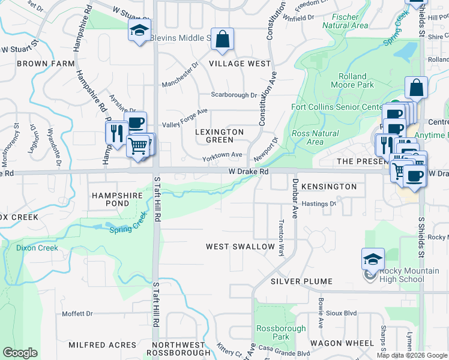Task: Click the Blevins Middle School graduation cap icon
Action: tap(139, 31)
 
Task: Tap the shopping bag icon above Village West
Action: tap(222, 40)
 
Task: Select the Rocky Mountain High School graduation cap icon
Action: tap(373, 259)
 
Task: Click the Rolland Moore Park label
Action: tap(356, 81)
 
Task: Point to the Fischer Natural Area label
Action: tap(345, 22)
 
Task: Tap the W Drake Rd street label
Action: tap(248, 172)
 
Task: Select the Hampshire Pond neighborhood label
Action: tap(117, 199)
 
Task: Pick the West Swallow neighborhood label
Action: tap(240, 247)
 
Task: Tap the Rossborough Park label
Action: tap(281, 332)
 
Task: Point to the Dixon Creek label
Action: tap(37, 248)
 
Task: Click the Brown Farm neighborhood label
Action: tap(46, 63)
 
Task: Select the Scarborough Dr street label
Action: tap(234, 95)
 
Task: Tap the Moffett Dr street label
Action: tap(77, 314)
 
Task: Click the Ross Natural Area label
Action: tap(315, 138)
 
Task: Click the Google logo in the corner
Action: tap(20, 353)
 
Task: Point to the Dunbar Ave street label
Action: tap(295, 198)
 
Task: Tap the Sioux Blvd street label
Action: tap(341, 313)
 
